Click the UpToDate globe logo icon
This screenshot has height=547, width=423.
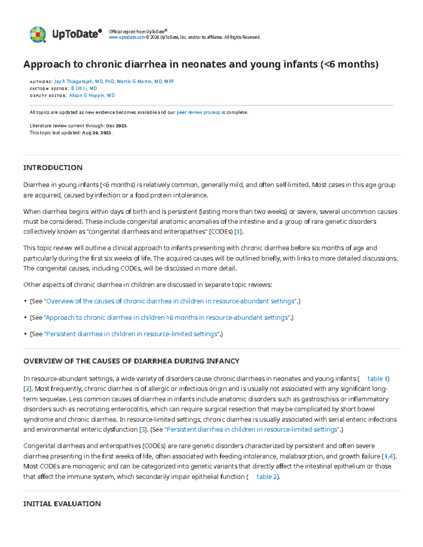(x=38, y=35)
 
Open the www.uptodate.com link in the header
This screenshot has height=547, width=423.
(x=127, y=37)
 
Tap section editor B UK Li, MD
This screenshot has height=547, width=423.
(x=84, y=88)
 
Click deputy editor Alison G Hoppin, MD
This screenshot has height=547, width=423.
(x=92, y=95)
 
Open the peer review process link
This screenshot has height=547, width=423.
(x=198, y=112)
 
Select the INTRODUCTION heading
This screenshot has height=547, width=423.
(x=53, y=168)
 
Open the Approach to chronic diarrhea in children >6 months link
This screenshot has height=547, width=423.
(x=167, y=317)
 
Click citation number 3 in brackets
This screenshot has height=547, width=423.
(x=143, y=429)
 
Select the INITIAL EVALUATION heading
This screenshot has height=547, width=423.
(x=62, y=504)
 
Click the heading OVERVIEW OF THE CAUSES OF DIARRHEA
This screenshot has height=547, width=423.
(x=131, y=361)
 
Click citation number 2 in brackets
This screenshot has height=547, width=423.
(x=27, y=389)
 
